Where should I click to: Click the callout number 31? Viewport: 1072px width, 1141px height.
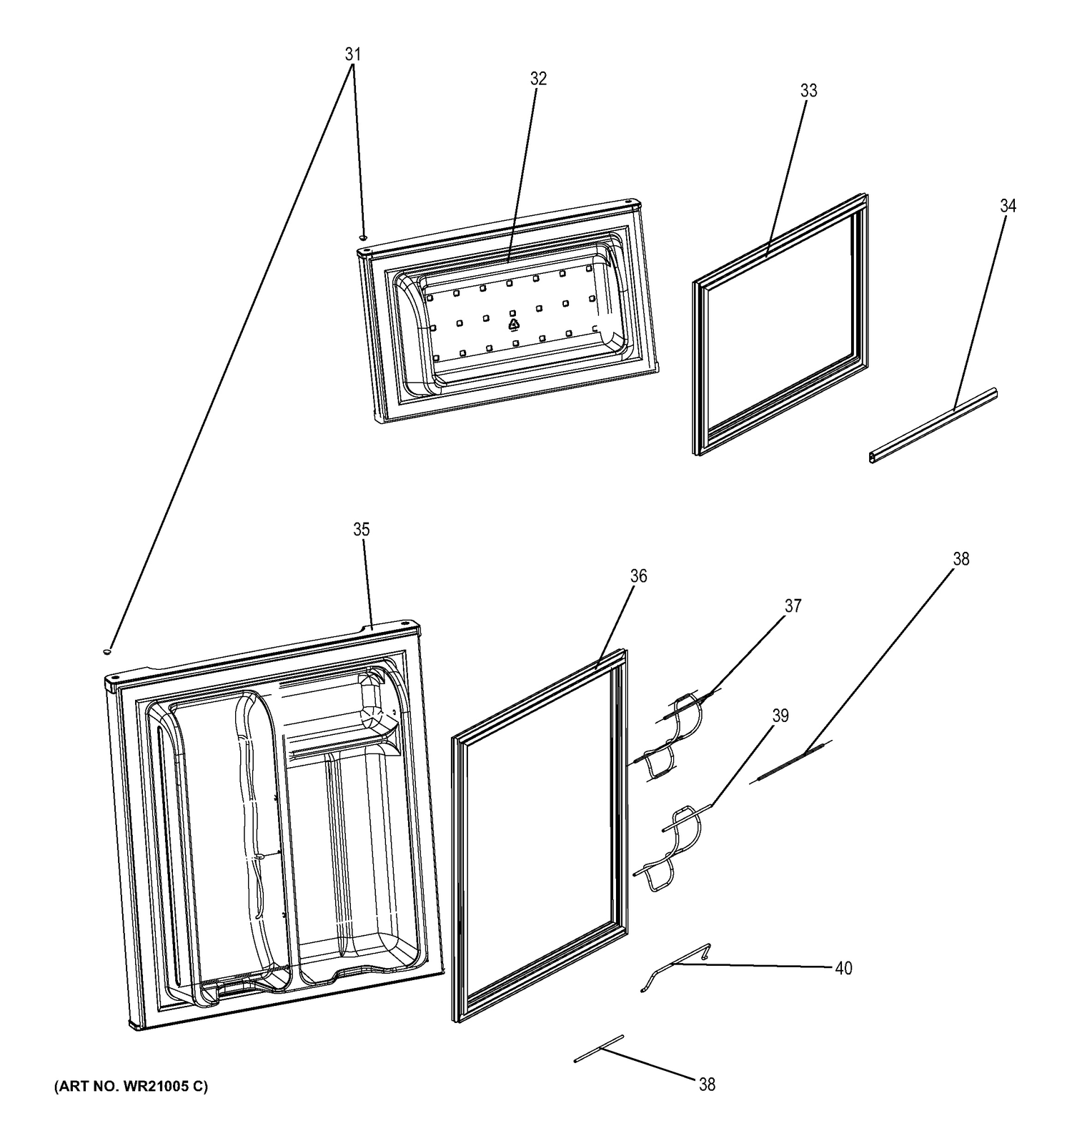[x=352, y=54]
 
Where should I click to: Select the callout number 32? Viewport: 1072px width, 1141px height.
[x=538, y=79]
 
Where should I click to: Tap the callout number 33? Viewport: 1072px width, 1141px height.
[x=808, y=91]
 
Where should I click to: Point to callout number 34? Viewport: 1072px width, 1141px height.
[x=1008, y=206]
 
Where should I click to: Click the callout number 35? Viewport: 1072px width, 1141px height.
[x=362, y=529]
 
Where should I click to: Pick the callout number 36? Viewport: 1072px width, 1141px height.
[x=638, y=576]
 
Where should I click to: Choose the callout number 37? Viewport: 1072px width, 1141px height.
[x=793, y=606]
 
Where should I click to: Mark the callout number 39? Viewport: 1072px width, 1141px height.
[x=780, y=715]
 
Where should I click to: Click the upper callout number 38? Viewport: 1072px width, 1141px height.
[x=961, y=559]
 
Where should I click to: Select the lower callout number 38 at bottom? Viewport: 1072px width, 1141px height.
[x=706, y=1085]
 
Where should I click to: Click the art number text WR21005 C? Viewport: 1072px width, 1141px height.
[x=131, y=1087]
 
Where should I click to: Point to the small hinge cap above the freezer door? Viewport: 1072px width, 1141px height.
[x=363, y=237]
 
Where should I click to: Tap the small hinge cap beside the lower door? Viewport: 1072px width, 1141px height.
[x=107, y=651]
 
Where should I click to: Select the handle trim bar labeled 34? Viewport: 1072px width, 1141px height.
[x=933, y=427]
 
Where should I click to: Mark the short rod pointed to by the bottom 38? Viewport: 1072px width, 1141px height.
[x=599, y=1049]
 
